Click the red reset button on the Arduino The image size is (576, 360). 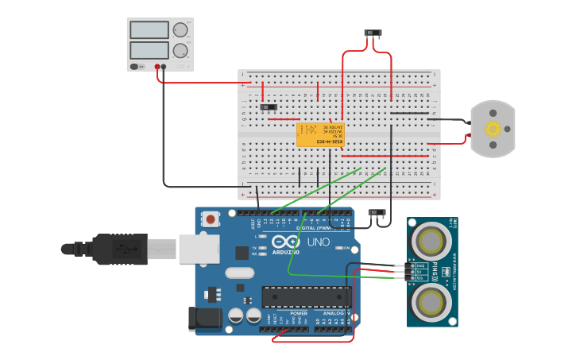211,219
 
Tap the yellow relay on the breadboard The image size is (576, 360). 320,134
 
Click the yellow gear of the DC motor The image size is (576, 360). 493,129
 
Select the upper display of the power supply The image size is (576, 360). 149,30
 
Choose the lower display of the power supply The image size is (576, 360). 149,50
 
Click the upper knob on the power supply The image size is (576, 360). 181,30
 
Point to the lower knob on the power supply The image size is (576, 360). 181,51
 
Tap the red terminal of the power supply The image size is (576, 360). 158,67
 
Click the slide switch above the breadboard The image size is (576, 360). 372,33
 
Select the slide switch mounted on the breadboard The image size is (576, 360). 269,106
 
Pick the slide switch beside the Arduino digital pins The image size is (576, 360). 377,212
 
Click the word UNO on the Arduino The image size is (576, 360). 318,242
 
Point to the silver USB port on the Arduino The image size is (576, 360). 198,248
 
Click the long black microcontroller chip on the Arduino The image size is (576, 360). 306,296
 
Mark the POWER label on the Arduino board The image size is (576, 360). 299,313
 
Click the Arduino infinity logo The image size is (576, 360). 285,242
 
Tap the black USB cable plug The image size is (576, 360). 119,249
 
